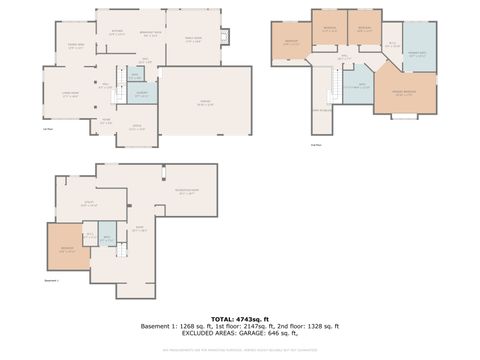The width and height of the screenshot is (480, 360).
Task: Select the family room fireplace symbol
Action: pos(225,39)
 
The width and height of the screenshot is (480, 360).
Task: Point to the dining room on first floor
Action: pos(76,46)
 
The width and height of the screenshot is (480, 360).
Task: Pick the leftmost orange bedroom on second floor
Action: pos(291,44)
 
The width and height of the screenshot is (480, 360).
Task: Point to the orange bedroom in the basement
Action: pos(68,250)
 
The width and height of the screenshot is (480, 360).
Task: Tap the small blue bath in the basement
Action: pos(106,238)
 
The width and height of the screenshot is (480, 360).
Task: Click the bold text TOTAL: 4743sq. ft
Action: pos(239,317)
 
